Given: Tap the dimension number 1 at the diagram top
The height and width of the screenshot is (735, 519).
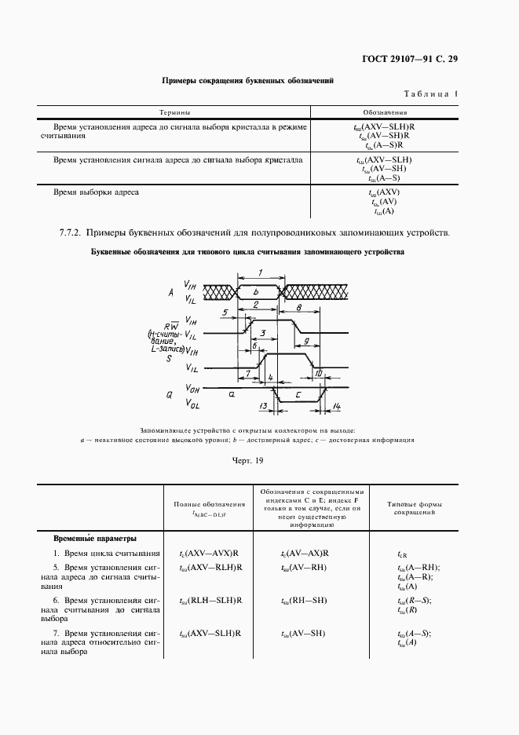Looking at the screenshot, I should (259, 272).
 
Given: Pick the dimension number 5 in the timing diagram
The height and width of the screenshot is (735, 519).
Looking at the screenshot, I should (225, 313).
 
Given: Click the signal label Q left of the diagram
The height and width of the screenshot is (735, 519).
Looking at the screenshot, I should (169, 396).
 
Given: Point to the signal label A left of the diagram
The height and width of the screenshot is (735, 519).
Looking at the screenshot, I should (170, 292).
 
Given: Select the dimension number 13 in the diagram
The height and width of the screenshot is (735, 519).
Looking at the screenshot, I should (263, 406).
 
